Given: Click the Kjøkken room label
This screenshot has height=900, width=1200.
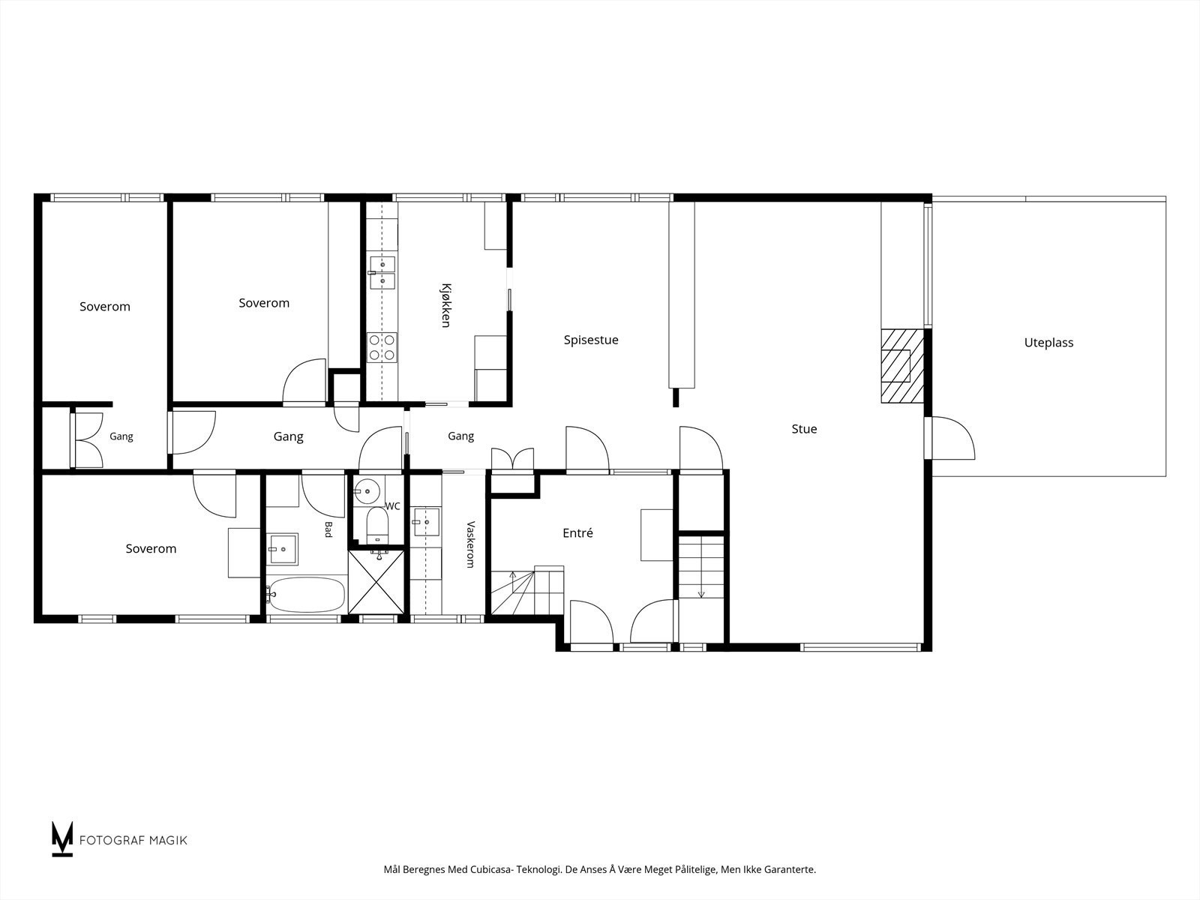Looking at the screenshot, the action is coord(446,305).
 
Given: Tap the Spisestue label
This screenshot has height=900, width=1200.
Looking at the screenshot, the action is coord(591,340).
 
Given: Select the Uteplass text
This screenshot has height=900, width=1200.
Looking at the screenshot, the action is coord(1048,343).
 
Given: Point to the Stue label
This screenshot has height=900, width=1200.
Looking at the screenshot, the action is coord(804,429).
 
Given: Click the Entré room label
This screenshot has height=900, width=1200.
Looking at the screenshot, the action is coord(577,532).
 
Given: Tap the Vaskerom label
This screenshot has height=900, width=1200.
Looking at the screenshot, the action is coord(469,544).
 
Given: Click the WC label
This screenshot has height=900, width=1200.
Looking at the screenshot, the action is coord(392,506).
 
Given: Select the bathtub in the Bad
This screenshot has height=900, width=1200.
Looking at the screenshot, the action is coord(306,595).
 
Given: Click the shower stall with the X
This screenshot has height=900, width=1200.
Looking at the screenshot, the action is coord(376,582).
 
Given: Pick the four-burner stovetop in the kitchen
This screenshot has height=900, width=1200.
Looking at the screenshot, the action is coord(382,347).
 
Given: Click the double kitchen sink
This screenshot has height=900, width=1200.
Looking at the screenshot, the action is coord(382,273).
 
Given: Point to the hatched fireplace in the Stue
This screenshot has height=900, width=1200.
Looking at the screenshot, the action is coord(902,366).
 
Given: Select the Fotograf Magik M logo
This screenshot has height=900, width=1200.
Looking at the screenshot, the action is coord(62,838).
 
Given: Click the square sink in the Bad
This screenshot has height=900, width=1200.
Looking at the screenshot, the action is coord(283,549).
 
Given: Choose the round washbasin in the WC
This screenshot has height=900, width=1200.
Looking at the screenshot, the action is coord(367,490).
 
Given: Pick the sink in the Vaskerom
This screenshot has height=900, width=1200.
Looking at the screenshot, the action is coord(427,522).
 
